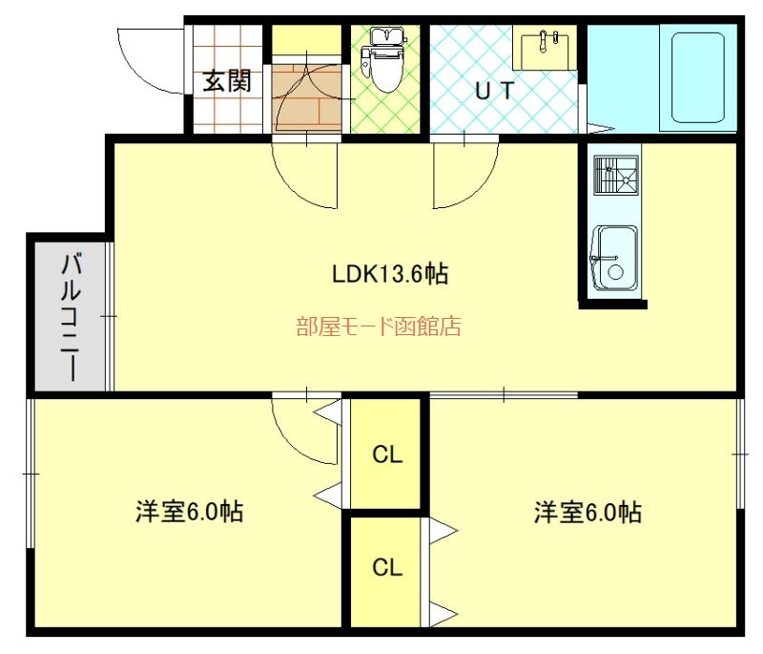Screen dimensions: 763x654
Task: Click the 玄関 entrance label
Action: point(227,81)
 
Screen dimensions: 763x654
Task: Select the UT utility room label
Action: point(494,91)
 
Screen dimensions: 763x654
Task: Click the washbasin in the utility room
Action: point(544,48)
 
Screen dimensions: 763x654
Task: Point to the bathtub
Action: point(698,78)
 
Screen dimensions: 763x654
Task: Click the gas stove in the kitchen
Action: point(616,176)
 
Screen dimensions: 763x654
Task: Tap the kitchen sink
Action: point(614,258)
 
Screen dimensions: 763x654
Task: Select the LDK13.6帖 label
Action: point(390,273)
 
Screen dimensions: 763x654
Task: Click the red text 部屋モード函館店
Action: point(379,327)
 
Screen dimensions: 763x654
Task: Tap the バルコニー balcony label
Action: point(71,316)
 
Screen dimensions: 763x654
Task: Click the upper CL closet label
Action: point(387,454)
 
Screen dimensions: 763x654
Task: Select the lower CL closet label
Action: point(387,567)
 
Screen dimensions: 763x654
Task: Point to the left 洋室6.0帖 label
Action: point(189,512)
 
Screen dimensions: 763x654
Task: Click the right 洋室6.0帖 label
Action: point(588,512)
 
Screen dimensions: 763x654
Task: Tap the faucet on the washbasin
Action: point(544,41)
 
